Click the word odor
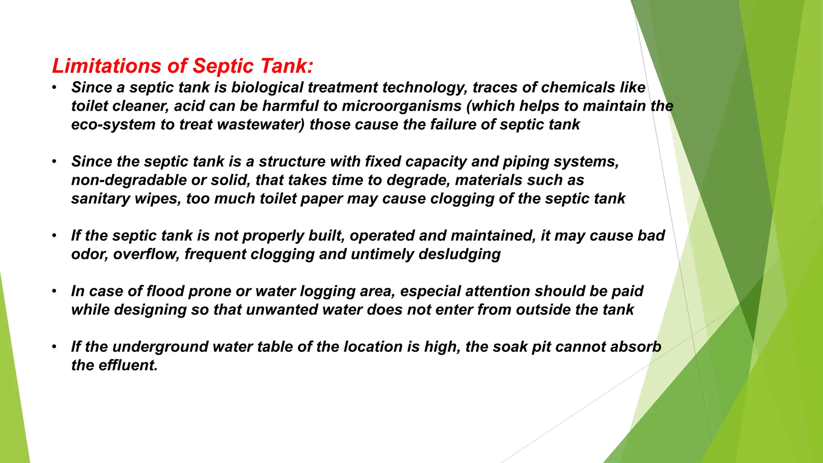point(90,254)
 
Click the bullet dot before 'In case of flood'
point(54,291)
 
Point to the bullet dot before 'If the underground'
point(54,346)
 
